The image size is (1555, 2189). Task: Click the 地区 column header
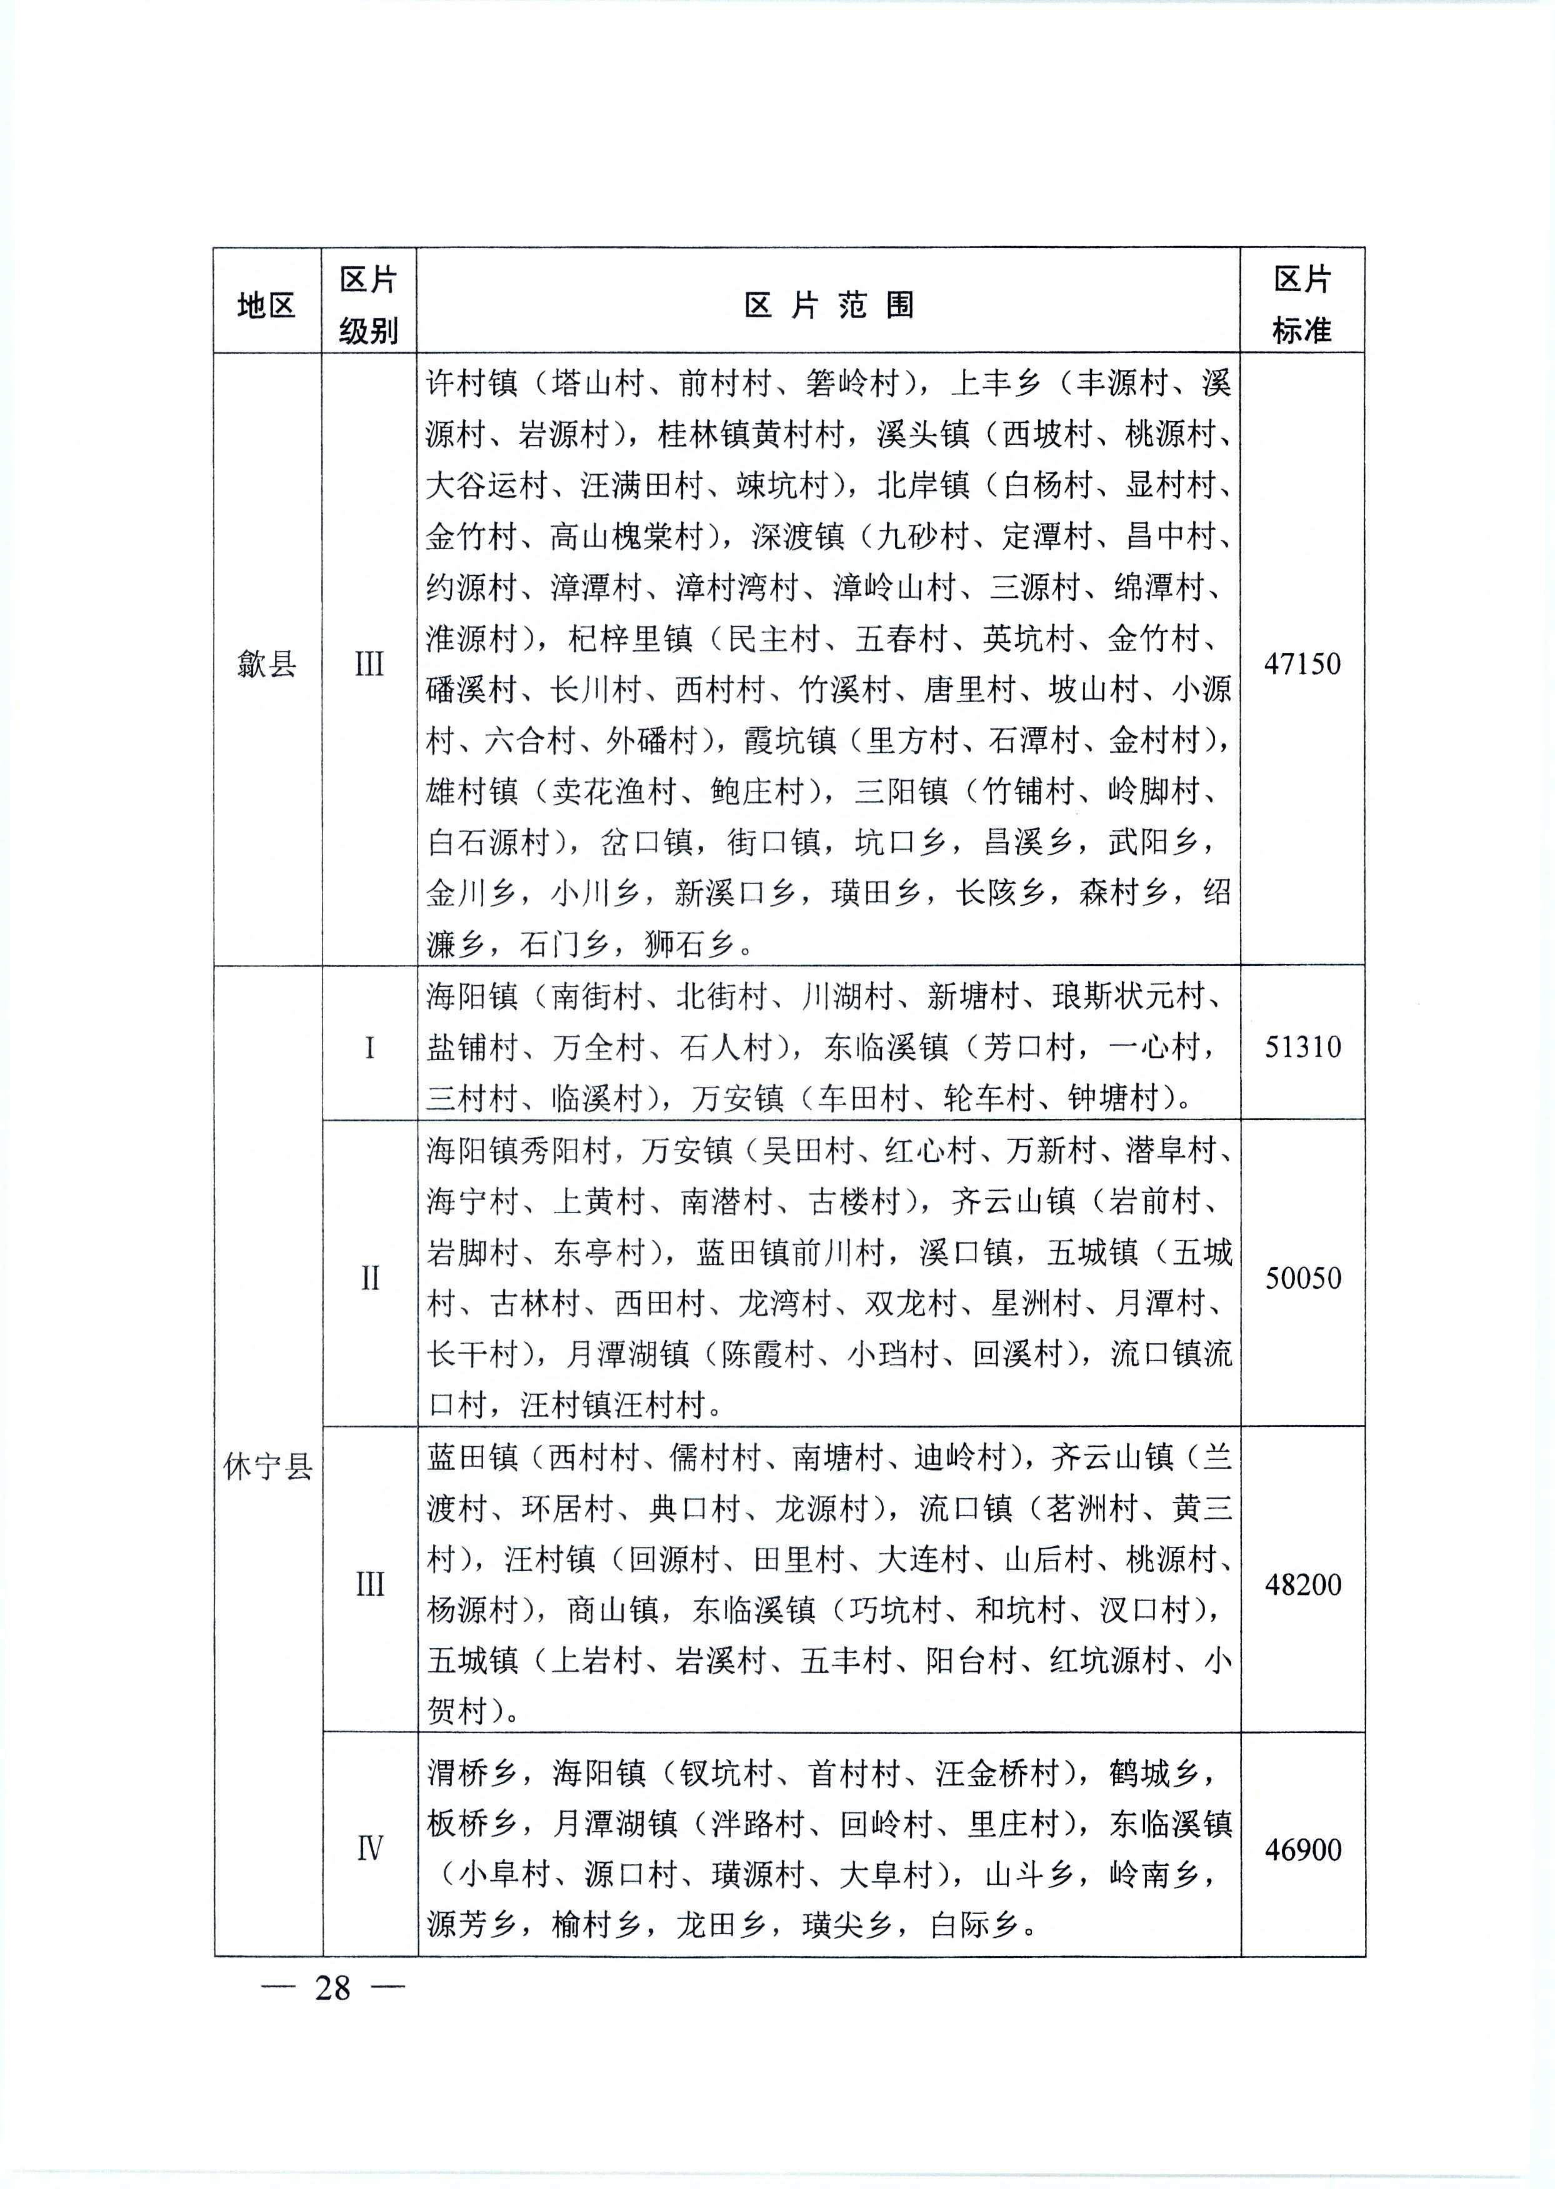coord(266,305)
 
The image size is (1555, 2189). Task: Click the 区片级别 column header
coord(369,305)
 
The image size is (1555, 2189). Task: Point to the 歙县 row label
coord(266,663)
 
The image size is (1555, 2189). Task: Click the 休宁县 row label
coord(267,1466)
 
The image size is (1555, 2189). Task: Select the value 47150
coord(1302,663)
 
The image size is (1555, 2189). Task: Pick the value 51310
coord(1302,1047)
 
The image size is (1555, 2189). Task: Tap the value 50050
coord(1302,1278)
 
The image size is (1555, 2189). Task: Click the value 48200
coord(1302,1584)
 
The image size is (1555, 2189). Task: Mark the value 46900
coord(1302,1849)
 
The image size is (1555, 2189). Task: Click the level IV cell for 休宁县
coord(369,1849)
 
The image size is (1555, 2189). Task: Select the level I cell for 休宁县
coord(369,1047)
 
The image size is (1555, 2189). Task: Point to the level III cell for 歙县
coord(369,663)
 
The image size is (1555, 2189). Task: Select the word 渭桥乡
coord(471,1773)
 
